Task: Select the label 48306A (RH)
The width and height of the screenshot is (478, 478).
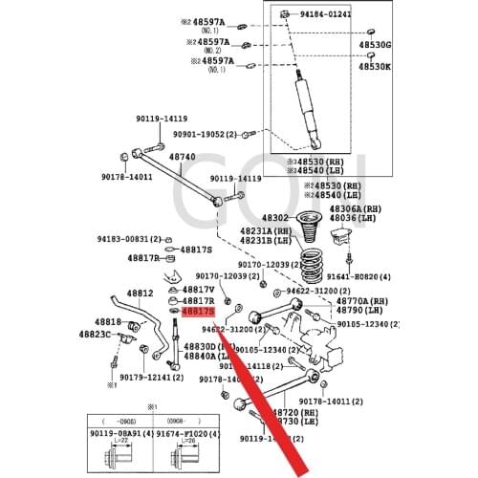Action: (x=355, y=207)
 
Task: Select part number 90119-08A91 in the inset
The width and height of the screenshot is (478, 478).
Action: (x=125, y=432)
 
